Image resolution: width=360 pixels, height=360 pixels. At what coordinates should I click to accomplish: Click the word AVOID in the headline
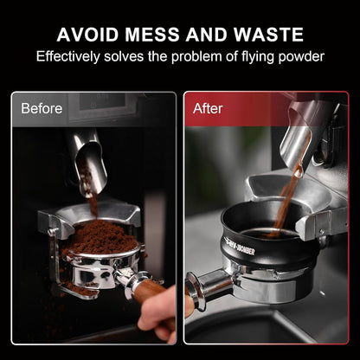tap(87, 35)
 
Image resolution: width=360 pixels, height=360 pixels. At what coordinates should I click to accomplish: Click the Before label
tap(42, 109)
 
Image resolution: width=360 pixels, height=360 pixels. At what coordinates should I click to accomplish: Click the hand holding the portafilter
tap(164, 316)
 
